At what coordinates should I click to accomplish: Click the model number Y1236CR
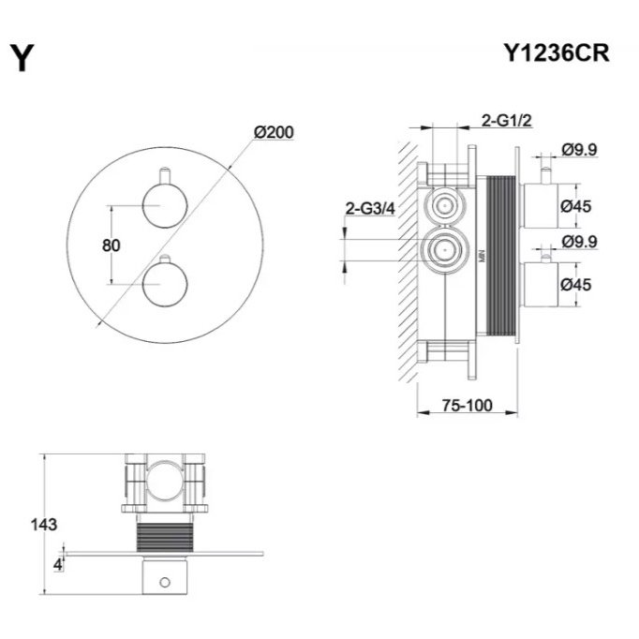click(557, 53)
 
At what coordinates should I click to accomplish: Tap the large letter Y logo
click(22, 58)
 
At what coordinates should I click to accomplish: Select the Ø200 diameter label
click(274, 132)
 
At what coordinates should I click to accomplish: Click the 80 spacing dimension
click(111, 245)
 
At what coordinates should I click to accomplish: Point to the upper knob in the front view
click(165, 205)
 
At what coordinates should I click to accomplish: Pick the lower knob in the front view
click(165, 284)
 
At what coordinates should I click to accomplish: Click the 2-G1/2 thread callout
click(507, 121)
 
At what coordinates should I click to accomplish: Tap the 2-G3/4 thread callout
click(370, 209)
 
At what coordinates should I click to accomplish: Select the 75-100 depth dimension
click(467, 406)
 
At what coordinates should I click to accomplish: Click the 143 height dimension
click(44, 525)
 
